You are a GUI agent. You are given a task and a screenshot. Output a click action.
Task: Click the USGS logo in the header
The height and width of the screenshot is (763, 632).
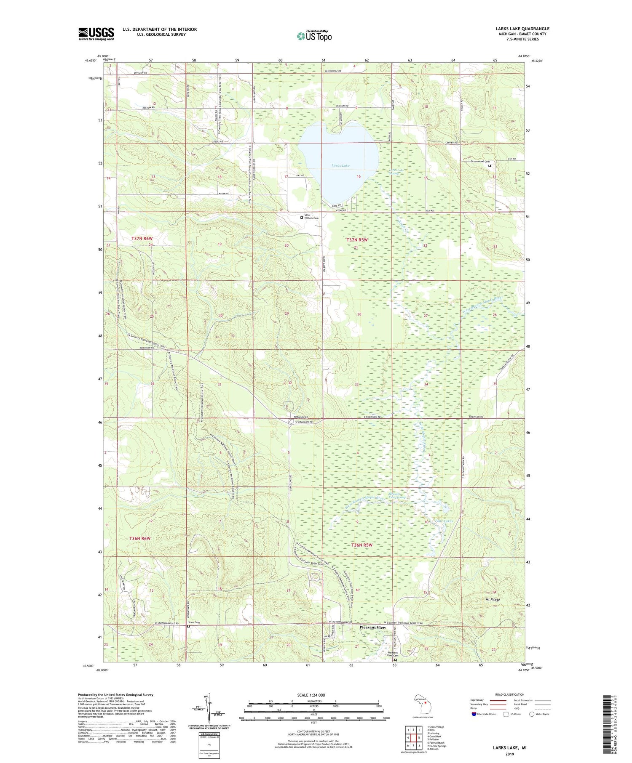point(96,34)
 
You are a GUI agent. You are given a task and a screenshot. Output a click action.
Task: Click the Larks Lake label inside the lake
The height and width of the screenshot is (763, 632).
point(340,166)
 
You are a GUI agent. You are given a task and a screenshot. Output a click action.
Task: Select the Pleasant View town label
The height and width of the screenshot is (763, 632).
point(372,627)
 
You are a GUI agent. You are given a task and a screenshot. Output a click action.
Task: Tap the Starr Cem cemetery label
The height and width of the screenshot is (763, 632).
point(194,622)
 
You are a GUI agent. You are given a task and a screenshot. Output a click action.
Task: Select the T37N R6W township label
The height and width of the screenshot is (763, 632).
point(142,239)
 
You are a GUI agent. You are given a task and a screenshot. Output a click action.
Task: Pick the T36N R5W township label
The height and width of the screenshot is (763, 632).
point(362,545)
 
